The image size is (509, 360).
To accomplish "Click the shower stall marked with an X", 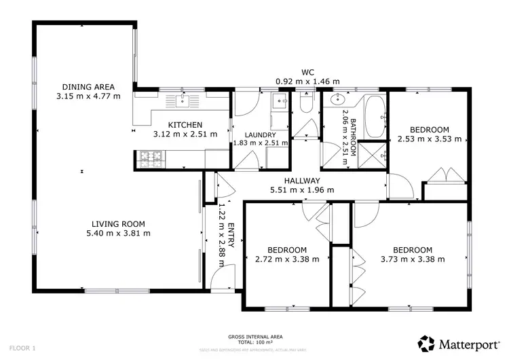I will [x=371, y=154].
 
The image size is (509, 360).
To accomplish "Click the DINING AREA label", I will [x=88, y=86].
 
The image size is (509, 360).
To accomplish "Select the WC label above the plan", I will [x=307, y=71].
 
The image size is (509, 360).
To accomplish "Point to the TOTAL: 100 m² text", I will [x=254, y=342].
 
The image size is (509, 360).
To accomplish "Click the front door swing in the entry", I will [x=216, y=277].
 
